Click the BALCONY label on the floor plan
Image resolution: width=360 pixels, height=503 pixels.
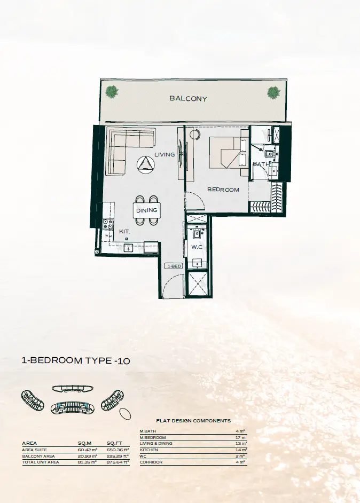coord(188,98)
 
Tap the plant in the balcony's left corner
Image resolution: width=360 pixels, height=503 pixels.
coord(112,92)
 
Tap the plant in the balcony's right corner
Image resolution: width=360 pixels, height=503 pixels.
coord(273,92)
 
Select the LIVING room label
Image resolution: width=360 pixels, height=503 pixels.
coord(165,154)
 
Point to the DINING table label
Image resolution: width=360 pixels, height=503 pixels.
coord(147,210)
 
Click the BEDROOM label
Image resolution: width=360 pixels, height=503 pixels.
coord(223,190)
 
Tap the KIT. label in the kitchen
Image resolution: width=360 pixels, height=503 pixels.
coord(124,231)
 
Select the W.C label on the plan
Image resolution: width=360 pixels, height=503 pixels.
coord(197,247)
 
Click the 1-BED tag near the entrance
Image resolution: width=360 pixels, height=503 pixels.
coord(174,266)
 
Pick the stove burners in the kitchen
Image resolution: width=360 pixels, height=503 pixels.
coord(107,224)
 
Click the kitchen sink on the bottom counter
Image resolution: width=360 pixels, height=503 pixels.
coord(128,248)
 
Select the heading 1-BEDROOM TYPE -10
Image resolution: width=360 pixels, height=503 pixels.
coord(76,360)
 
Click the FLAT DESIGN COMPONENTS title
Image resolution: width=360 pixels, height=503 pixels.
coord(193,421)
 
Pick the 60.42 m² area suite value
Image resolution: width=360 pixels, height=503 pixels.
coord(87,450)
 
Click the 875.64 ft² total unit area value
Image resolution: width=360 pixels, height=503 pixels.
coord(118,462)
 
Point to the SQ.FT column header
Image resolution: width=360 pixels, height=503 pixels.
coord(114,443)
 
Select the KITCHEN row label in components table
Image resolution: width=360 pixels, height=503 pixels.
coord(149,450)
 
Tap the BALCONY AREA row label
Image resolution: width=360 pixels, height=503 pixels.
coord(38,456)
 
